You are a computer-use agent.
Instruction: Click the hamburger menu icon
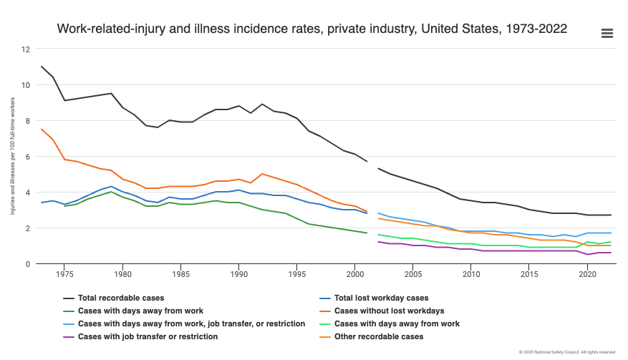pos(607,33)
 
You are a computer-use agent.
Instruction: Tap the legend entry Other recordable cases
pos(379,336)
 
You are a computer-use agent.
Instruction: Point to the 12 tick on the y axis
pos(26,49)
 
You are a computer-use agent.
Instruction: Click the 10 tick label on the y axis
pos(26,85)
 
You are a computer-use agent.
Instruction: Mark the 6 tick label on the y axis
pos(27,157)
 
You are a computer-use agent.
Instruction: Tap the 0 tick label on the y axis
pos(27,264)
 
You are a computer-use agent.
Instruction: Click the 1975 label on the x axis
pos(64,274)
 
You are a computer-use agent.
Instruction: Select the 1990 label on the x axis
pos(238,274)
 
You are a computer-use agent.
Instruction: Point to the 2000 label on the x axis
pos(354,274)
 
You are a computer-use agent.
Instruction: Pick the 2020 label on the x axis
pos(587,274)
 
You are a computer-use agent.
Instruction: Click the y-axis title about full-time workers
pos(12,156)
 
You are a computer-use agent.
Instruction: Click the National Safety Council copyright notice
pos(568,352)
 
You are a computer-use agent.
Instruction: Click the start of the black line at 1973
pos(42,67)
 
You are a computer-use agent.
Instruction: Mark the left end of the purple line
pos(378,242)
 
